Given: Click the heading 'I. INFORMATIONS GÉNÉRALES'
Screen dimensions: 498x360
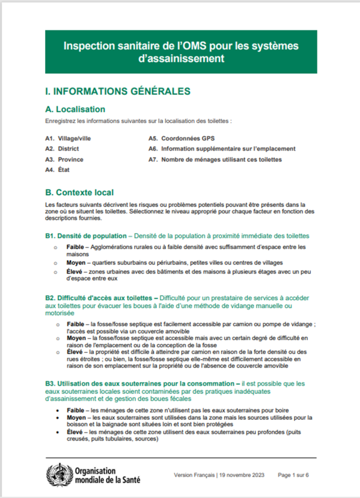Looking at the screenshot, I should tap(117, 92).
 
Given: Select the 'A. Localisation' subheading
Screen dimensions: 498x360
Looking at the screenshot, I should tap(75, 109).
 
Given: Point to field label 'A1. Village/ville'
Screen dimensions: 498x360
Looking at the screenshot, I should tap(68, 138).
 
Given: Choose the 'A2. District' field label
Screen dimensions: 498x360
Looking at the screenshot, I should tap(62, 149).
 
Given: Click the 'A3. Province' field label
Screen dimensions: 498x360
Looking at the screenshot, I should tap(64, 160).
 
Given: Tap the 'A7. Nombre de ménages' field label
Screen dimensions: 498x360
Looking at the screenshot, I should tap(215, 160).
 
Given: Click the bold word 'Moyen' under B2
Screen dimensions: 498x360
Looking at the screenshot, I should tap(76, 338).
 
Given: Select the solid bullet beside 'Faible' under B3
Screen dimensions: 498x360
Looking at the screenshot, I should tap(60, 410).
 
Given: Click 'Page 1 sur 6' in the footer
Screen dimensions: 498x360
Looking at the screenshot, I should tap(293, 475).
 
